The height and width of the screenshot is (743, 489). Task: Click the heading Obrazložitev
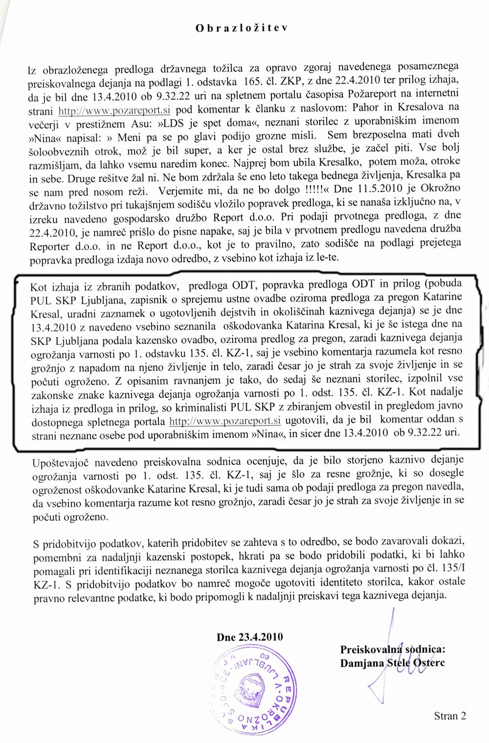click(x=242, y=28)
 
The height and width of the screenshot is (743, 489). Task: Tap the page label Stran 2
click(x=450, y=716)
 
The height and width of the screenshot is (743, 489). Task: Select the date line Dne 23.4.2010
click(x=249, y=637)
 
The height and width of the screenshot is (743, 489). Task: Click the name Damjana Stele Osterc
click(x=392, y=663)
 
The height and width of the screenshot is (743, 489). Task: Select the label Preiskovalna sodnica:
click(x=393, y=650)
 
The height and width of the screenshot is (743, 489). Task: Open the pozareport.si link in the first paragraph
click(x=114, y=110)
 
